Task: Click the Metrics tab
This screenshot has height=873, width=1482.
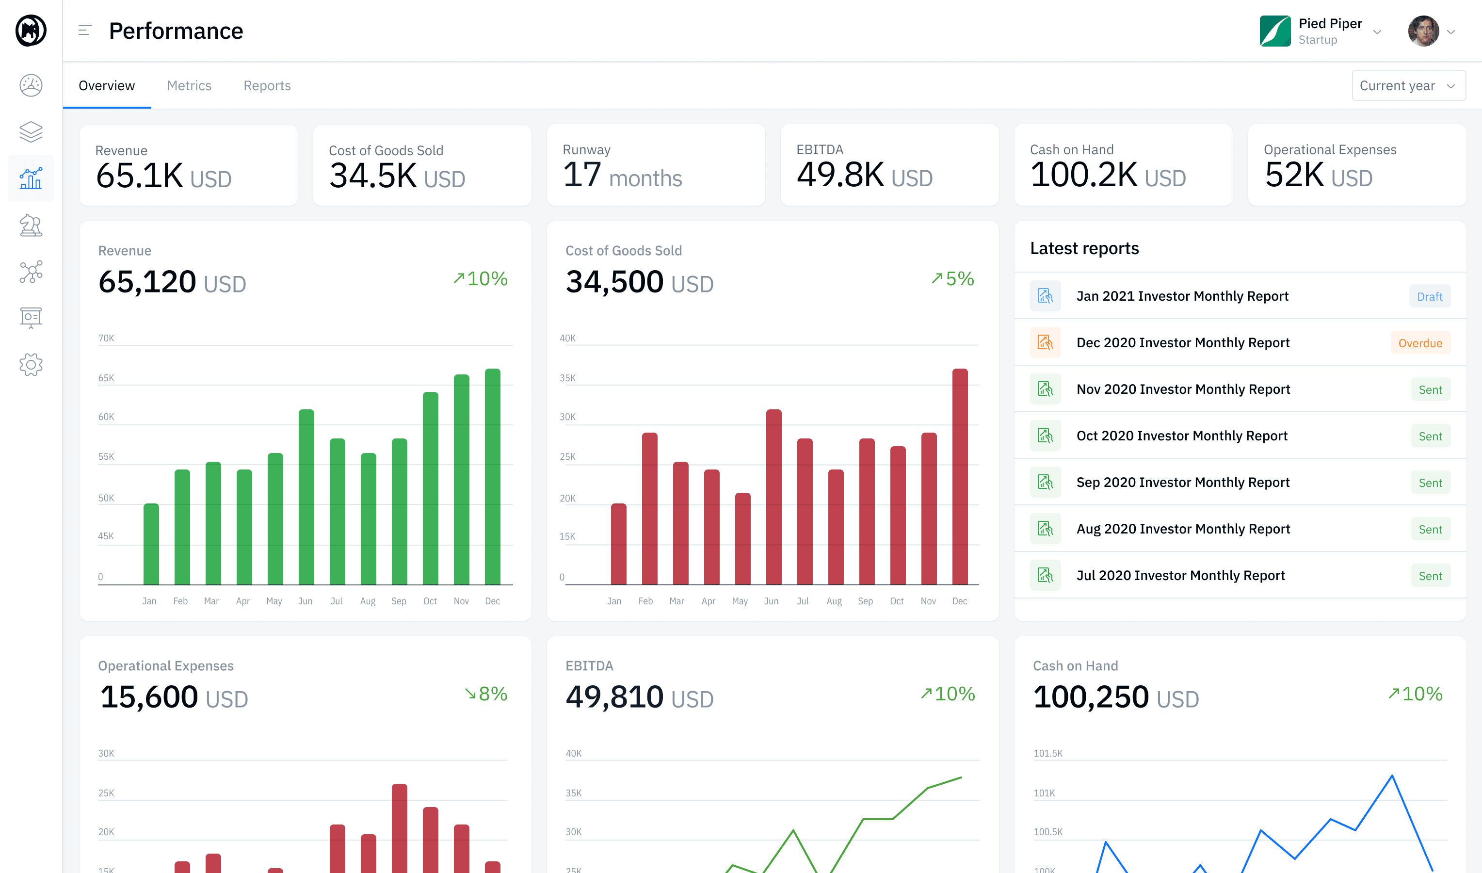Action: (x=189, y=86)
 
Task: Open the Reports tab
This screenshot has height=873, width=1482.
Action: (x=267, y=86)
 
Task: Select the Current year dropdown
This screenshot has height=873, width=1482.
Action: (x=1408, y=86)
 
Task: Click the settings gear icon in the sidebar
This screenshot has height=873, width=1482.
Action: (x=31, y=365)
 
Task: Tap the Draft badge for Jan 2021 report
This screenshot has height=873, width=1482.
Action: (x=1429, y=296)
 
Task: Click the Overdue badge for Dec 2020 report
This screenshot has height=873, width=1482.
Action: (x=1419, y=343)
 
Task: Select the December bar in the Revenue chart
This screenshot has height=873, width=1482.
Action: (x=492, y=476)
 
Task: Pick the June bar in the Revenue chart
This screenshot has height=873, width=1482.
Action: (x=306, y=497)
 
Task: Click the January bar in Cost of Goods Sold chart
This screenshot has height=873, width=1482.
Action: (x=618, y=544)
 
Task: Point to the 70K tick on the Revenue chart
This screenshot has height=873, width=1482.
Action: (x=106, y=338)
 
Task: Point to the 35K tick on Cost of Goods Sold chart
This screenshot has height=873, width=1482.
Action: (x=567, y=378)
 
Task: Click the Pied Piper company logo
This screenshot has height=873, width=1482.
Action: (x=1274, y=31)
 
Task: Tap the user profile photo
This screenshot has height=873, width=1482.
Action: (x=1423, y=31)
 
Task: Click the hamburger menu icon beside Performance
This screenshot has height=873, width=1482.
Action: (x=85, y=31)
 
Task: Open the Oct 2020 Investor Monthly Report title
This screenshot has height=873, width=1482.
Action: (x=1181, y=436)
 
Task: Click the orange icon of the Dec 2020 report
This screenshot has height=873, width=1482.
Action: (x=1045, y=342)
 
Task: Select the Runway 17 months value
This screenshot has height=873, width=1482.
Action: (x=622, y=176)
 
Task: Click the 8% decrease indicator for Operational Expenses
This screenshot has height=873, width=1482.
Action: (x=486, y=694)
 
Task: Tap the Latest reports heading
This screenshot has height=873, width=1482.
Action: (x=1084, y=248)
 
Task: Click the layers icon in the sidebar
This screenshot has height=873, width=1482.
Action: (x=31, y=132)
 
